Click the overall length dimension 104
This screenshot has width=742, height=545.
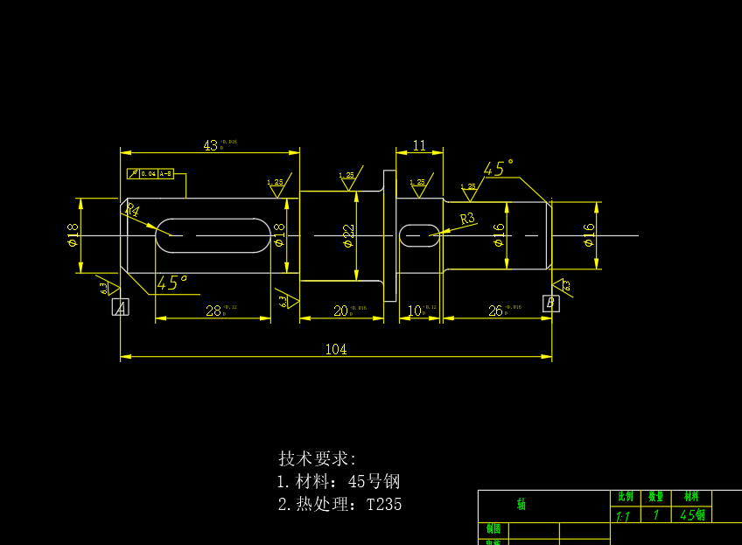(336, 350)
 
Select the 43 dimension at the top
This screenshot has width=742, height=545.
(211, 146)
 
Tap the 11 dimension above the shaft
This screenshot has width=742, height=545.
(419, 146)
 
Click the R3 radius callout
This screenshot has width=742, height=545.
(467, 219)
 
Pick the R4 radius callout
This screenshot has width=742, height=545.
(132, 211)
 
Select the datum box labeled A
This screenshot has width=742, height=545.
(121, 306)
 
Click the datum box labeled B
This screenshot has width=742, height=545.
(550, 303)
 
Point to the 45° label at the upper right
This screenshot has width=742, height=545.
(498, 169)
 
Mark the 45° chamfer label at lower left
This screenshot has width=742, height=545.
(171, 283)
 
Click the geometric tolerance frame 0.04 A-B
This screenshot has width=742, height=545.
(150, 174)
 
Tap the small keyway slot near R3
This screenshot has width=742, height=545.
(420, 235)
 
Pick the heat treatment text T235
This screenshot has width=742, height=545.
(384, 505)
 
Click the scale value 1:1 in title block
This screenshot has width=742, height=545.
(623, 517)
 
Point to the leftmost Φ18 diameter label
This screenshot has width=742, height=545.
(73, 234)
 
